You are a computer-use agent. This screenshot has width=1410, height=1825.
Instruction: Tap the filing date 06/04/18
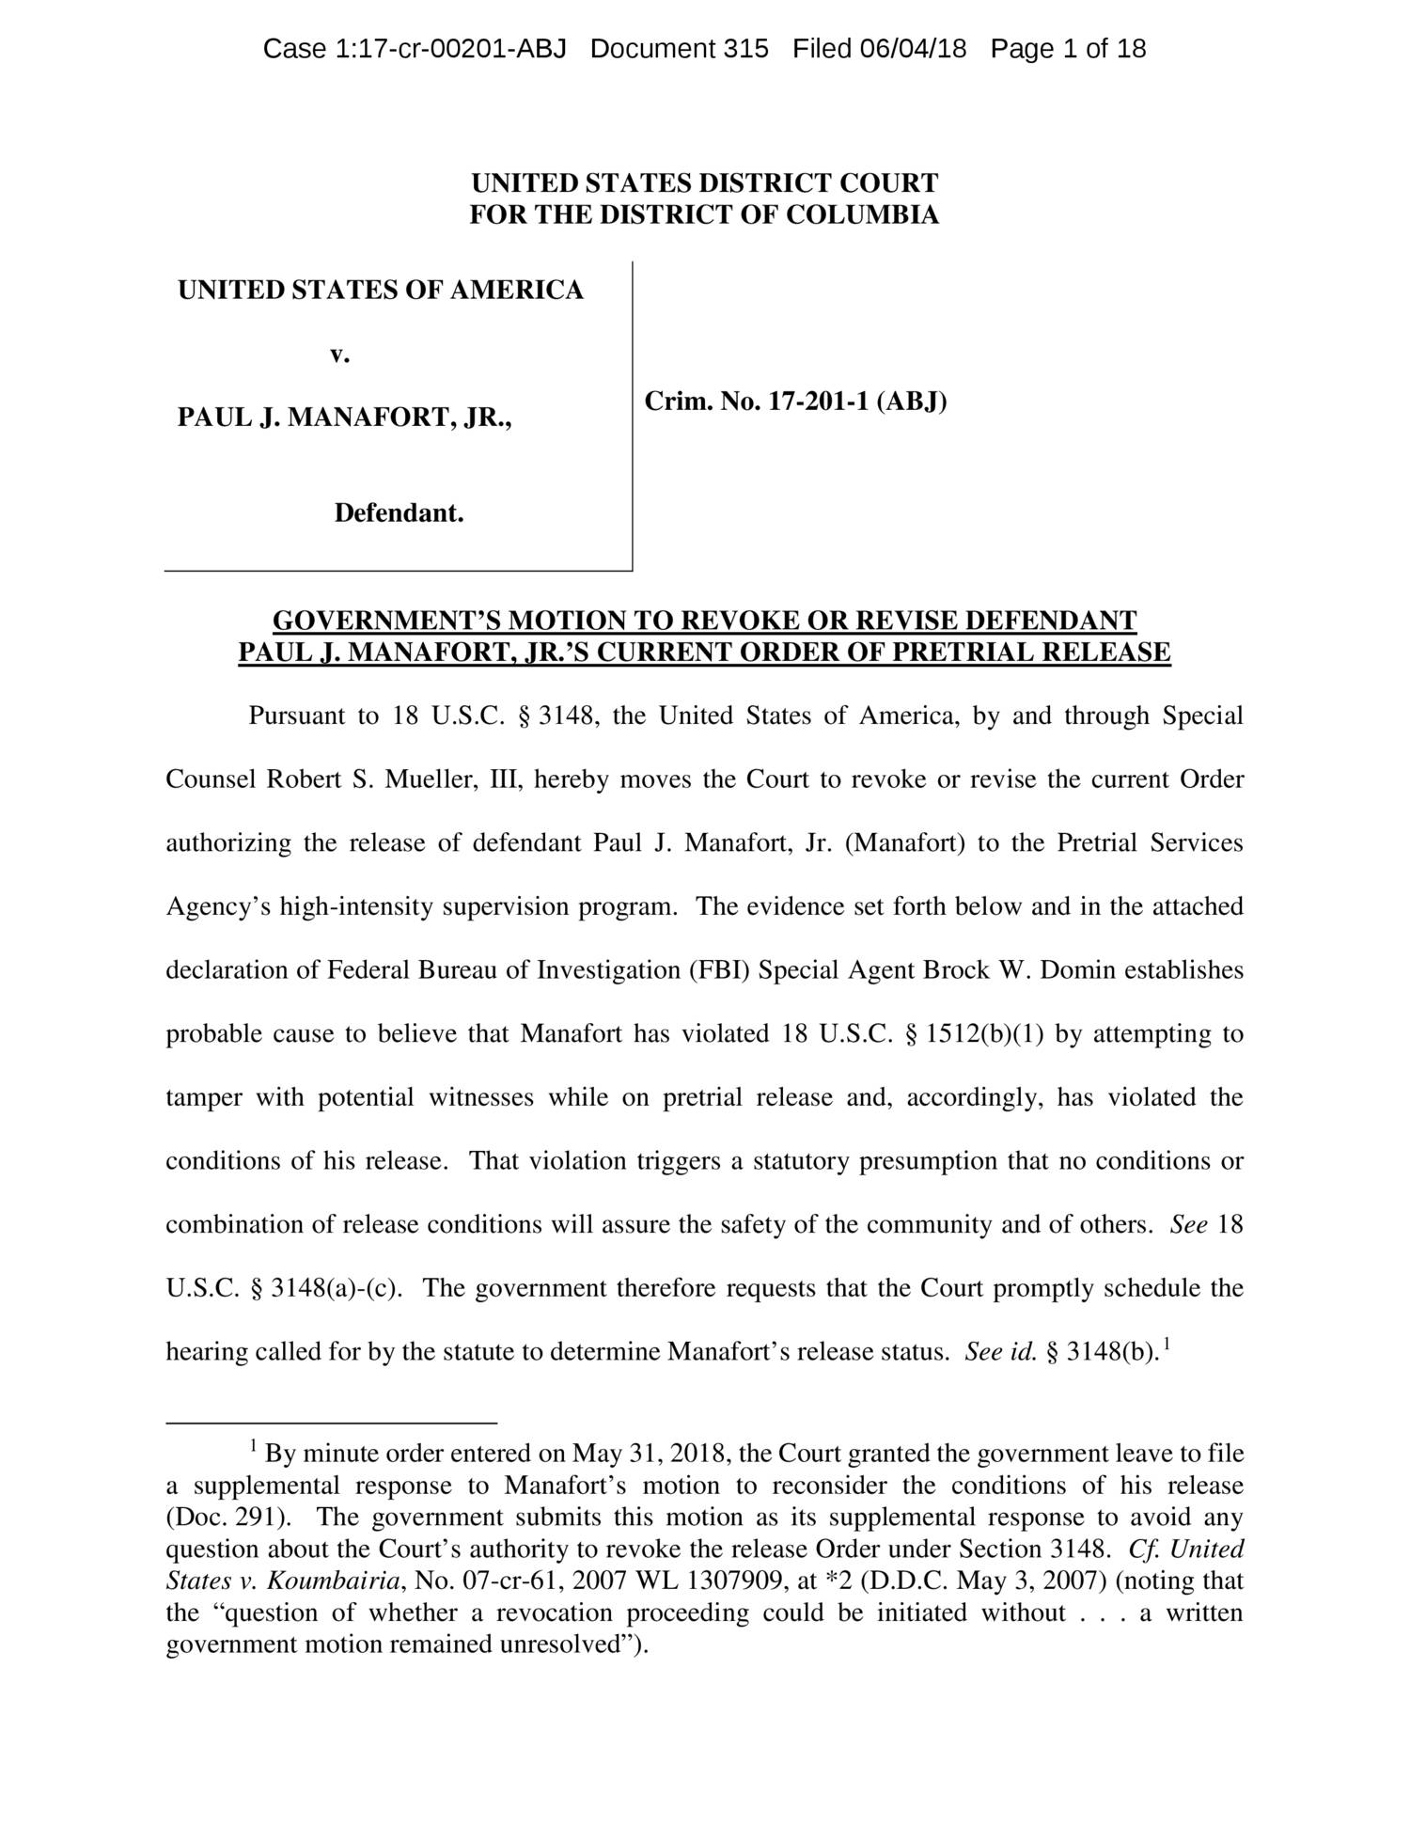913,49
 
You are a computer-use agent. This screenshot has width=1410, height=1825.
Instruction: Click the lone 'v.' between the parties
339,354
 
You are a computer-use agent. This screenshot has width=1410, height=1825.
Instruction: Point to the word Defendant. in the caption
399,514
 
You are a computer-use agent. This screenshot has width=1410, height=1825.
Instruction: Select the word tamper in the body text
203,1097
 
